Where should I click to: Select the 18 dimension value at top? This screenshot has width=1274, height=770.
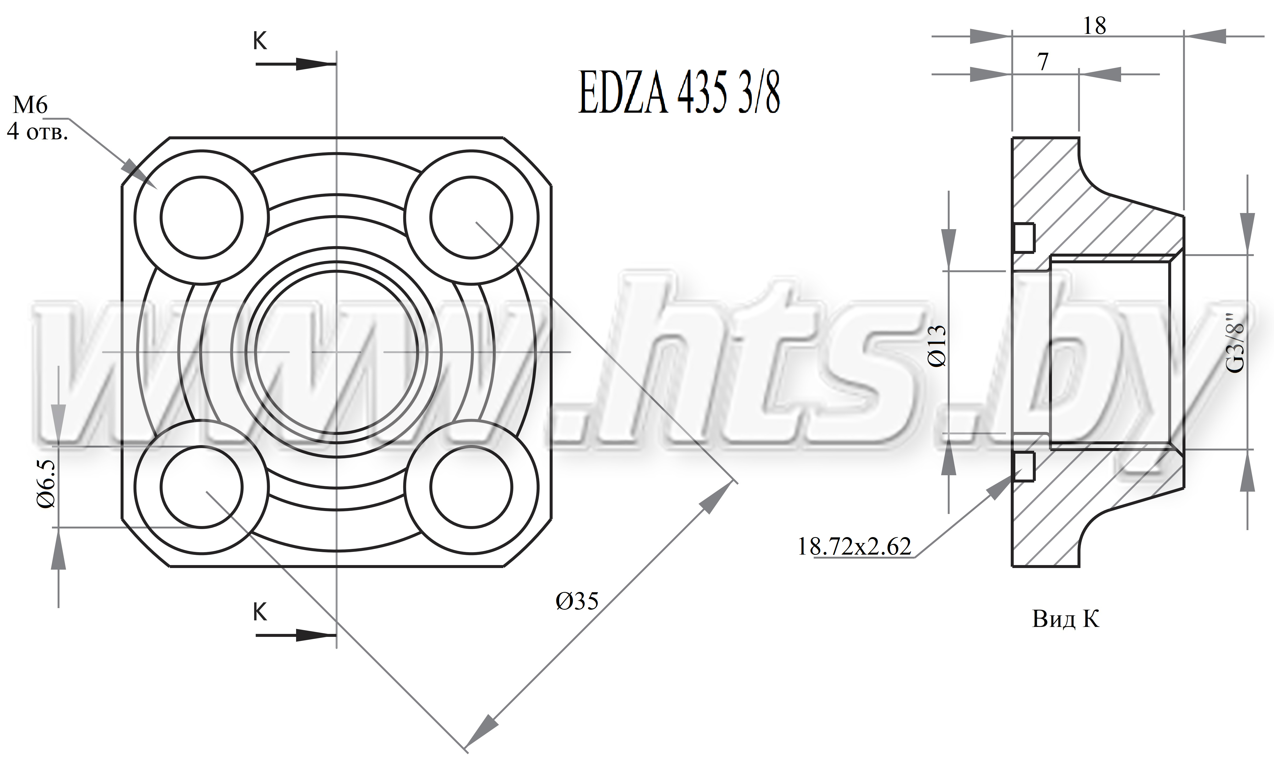pyautogui.click(x=1094, y=25)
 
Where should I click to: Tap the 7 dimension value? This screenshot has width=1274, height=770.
pyautogui.click(x=1043, y=62)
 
